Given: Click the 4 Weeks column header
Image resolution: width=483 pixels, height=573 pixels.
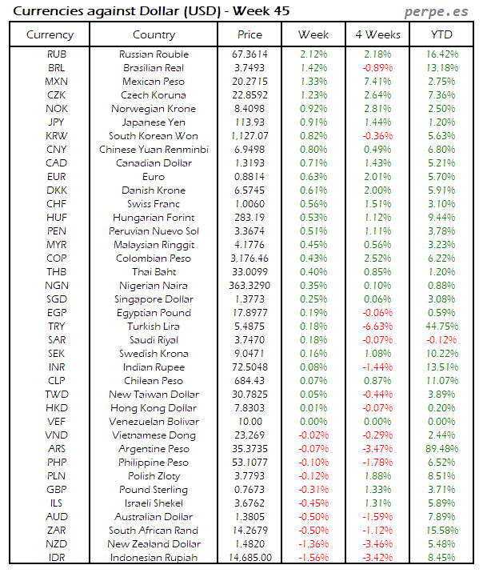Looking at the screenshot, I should [377, 34].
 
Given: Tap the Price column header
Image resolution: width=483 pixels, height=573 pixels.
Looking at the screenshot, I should [249, 34].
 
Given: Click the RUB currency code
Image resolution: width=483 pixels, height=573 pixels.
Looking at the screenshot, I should [57, 54].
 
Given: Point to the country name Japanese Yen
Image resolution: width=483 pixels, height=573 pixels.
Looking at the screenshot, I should [154, 122].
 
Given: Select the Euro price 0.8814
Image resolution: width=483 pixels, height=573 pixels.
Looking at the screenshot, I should [249, 177].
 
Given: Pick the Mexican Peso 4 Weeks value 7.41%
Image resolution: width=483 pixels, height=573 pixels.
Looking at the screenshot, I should [377, 82].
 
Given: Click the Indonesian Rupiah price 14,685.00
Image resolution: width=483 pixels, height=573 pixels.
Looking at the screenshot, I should [249, 558].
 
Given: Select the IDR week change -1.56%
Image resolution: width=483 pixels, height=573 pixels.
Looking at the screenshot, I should [313, 558].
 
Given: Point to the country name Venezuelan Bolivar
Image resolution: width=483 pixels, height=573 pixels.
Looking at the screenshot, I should [154, 422].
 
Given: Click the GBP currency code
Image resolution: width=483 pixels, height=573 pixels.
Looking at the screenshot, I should [57, 490].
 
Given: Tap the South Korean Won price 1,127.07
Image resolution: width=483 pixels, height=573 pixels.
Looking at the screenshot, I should [249, 136].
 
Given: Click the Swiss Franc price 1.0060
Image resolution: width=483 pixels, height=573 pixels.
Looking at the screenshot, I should [249, 204].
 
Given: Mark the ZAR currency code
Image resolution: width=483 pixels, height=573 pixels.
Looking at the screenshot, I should [57, 531].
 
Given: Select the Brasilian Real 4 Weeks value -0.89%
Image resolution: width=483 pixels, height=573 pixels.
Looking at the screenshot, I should [377, 68].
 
